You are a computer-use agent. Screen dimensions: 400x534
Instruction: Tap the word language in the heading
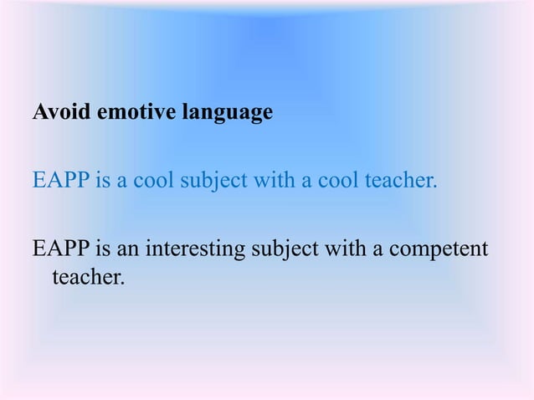point(225,112)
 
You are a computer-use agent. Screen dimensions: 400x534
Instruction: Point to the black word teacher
point(88,276)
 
